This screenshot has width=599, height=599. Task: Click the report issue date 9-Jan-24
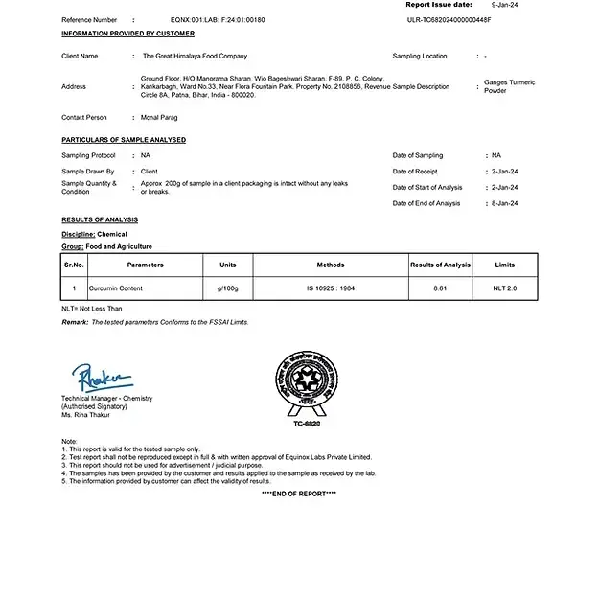tap(505, 5)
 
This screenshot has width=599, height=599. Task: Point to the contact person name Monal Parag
tap(159, 117)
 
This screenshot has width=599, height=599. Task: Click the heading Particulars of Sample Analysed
tap(124, 140)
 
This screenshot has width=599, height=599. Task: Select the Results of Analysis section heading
tap(93, 219)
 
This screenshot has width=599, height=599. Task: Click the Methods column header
tap(330, 265)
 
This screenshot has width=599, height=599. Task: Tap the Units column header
tap(227, 265)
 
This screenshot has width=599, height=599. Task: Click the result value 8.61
tap(440, 288)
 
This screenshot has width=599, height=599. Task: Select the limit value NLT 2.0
tap(504, 288)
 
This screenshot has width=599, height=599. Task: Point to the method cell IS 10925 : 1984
tap(330, 288)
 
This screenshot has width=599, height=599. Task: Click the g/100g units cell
tap(227, 288)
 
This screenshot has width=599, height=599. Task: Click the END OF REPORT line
tap(298, 493)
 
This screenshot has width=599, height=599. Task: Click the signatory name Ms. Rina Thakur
tap(85, 414)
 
